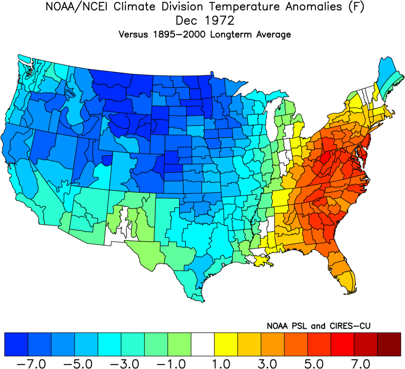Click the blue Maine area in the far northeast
[387, 72]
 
